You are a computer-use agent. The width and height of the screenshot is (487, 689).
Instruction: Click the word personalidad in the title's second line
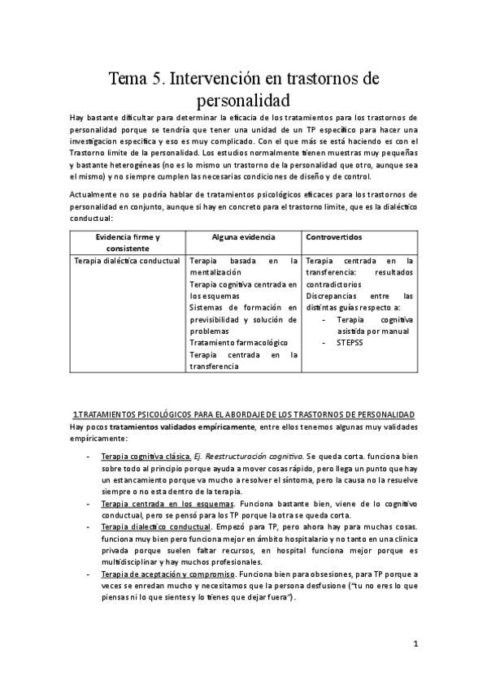(x=244, y=102)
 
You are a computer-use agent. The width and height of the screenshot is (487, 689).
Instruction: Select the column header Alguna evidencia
(x=243, y=236)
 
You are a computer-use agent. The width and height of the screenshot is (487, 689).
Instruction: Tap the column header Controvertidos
(x=334, y=236)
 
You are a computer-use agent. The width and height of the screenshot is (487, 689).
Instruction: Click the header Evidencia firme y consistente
(x=128, y=242)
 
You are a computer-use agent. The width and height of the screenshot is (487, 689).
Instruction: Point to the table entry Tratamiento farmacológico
(x=236, y=343)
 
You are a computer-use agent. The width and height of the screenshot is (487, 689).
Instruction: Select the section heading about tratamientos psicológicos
(x=243, y=414)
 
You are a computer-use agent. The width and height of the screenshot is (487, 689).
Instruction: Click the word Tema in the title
(x=129, y=80)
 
